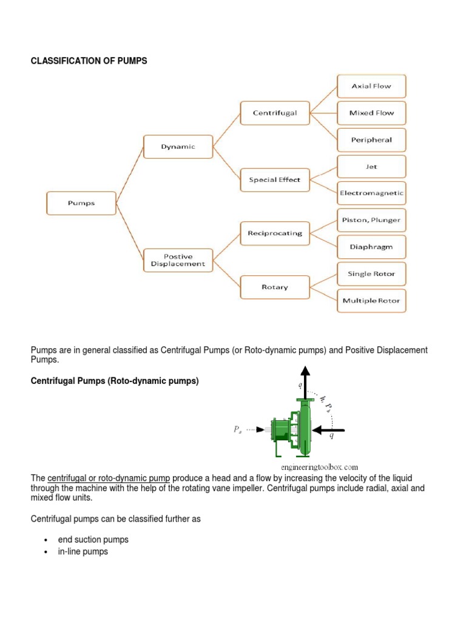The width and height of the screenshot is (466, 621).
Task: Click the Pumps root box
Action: point(81,203)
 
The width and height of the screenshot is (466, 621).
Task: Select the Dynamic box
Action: point(178,147)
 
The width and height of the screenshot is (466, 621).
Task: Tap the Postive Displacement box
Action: point(178,260)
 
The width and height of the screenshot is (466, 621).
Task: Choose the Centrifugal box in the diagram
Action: point(275,113)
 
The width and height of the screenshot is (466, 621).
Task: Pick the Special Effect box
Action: point(275,179)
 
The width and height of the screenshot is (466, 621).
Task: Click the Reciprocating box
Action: point(275,232)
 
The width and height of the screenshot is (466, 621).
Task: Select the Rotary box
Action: point(275,287)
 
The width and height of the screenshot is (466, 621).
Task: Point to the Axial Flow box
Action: point(371,86)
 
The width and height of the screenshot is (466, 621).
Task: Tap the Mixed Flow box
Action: point(371,113)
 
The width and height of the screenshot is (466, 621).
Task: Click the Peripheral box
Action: point(371,139)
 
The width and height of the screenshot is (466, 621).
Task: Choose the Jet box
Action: point(371,166)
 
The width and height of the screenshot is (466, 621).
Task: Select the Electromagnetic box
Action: point(371,193)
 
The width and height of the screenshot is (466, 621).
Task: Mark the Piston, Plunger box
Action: point(371,220)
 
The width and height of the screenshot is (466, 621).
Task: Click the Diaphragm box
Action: point(371,247)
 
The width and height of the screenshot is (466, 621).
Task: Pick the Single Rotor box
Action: point(371,274)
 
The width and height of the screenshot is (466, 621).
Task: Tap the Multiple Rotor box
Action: point(371,300)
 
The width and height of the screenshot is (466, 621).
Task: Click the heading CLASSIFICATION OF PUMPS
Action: point(89,61)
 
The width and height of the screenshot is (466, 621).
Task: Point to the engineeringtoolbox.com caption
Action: point(320,467)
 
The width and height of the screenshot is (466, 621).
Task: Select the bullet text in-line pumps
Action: point(83,551)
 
